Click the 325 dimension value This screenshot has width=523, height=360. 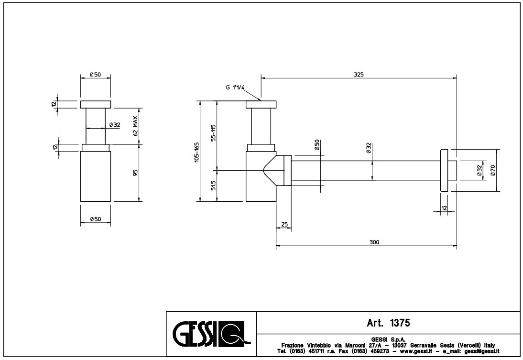point(359,74)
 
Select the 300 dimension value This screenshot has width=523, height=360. point(374,242)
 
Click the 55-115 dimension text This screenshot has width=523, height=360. point(215,133)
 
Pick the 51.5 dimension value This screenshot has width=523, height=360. point(215,185)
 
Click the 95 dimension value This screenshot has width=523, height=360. point(136,173)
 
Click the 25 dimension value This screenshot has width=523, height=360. point(284,225)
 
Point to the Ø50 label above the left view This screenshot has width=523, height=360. point(95,75)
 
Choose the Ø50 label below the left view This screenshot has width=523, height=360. point(95,219)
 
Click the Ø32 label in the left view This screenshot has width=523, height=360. point(114,125)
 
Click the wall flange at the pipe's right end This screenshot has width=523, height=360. point(444,170)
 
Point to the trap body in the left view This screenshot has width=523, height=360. point(96,176)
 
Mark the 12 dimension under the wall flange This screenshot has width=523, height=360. point(444,207)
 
